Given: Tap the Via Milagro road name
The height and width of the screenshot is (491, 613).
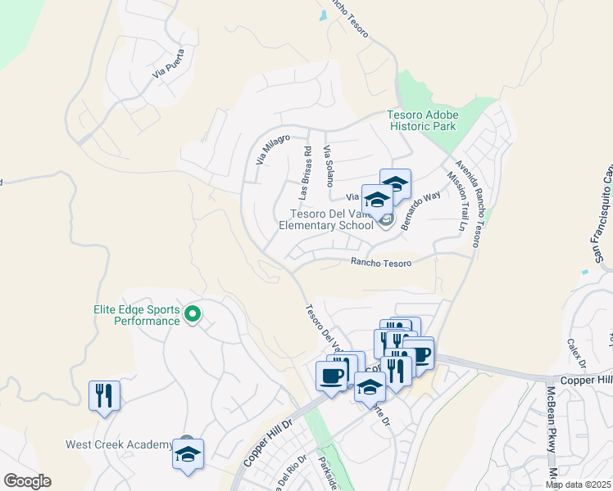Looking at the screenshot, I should tap(273, 149).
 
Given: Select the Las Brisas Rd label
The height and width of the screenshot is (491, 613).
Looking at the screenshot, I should tap(305, 173).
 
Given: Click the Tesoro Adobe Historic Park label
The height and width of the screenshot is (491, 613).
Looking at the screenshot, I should tap(422, 122).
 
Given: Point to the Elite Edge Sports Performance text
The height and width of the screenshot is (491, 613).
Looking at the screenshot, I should tap(135, 315).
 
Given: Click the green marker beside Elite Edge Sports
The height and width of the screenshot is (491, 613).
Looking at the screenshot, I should tap(193, 313).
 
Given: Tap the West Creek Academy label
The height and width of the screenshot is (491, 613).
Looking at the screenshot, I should tap(119, 445).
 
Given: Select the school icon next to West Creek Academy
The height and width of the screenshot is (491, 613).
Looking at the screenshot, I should tap(188, 453).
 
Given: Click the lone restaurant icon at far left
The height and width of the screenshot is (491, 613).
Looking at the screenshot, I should tap(105, 395).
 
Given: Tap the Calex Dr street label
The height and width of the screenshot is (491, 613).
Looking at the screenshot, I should tap(571, 353).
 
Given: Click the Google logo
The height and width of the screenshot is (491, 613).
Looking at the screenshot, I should tap(27, 481).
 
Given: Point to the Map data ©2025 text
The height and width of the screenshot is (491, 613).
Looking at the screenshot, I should tap(578, 484).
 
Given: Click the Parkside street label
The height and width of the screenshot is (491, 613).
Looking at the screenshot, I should tap(326, 470).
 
